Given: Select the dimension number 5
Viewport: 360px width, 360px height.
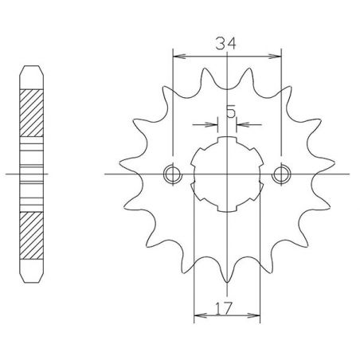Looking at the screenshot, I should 230,112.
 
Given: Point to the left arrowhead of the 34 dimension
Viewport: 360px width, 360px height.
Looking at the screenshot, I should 177,57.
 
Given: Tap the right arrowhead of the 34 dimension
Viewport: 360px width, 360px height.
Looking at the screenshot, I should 278,57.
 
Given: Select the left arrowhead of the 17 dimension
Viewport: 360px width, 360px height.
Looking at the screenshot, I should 198,316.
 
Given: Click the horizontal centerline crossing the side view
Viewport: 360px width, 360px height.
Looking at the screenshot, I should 11,173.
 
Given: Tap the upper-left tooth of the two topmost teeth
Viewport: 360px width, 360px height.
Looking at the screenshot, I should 203,78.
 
